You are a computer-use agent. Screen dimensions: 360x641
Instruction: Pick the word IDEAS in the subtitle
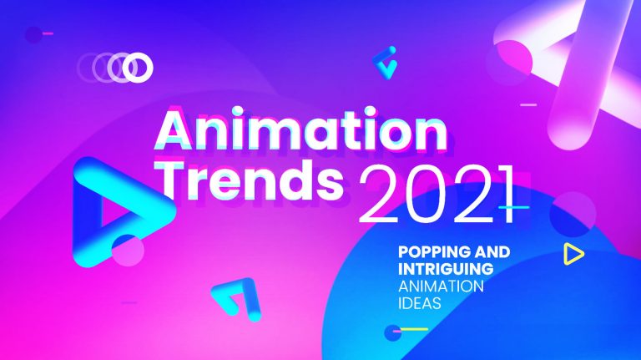click(x=419, y=304)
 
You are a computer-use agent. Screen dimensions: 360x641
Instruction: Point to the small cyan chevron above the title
click(x=385, y=63)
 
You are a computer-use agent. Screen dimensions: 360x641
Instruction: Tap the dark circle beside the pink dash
click(x=33, y=34)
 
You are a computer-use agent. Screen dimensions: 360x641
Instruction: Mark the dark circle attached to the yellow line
click(x=391, y=332)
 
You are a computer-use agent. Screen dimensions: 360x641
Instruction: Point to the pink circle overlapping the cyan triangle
click(x=128, y=250)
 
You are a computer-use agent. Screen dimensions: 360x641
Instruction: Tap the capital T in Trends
click(x=176, y=179)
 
